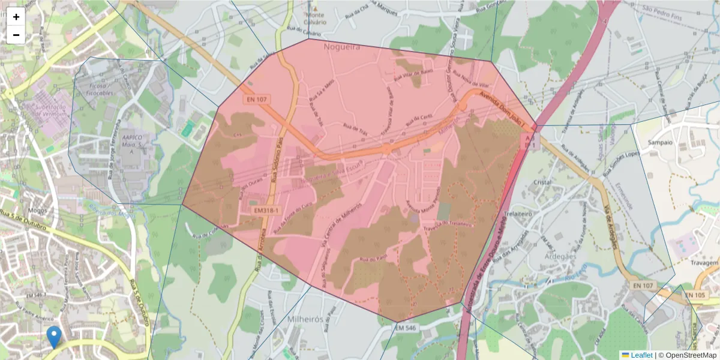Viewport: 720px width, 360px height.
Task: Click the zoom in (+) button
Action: point(16,17)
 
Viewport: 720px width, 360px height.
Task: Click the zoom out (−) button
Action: point(16,35)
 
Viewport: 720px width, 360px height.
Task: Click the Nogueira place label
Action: point(342,46)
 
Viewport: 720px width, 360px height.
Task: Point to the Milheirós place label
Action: point(305,318)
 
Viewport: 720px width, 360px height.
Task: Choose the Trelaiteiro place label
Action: point(508,212)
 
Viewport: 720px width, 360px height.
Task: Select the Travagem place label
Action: point(704,263)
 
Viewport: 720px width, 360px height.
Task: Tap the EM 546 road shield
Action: point(406,328)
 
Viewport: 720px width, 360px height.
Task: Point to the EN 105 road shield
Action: point(694,295)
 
